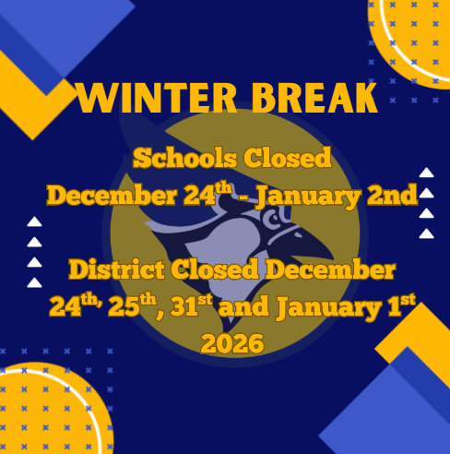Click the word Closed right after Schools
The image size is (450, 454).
287,158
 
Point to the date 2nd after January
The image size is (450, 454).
392,196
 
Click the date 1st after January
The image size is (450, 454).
397,305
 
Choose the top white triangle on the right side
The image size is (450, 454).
426,172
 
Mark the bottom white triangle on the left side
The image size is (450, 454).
34,282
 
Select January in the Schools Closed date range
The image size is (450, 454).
311,196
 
